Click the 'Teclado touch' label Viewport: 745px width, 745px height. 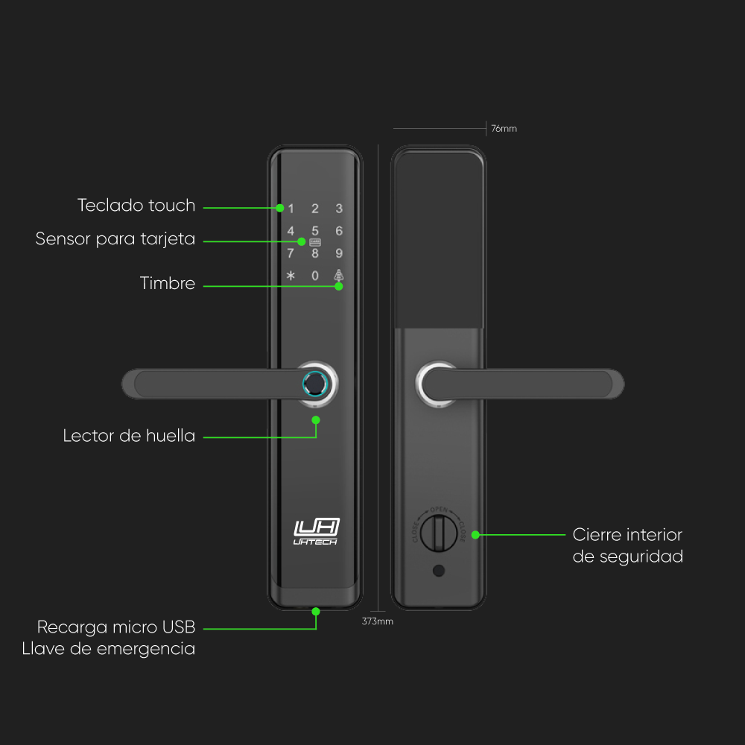click(136, 206)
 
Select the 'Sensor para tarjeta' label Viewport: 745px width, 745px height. click(115, 239)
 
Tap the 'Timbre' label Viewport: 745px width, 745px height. click(168, 284)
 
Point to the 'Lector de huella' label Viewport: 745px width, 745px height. click(129, 436)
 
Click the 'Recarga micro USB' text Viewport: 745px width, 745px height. click(116, 627)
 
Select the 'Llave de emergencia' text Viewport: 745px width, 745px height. click(109, 649)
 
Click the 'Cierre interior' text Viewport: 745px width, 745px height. click(627, 535)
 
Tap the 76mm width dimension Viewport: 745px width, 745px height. click(504, 129)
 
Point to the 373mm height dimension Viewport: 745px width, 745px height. click(377, 621)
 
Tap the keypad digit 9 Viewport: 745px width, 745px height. click(339, 253)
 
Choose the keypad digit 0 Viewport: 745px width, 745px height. click(315, 276)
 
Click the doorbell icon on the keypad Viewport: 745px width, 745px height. click(339, 275)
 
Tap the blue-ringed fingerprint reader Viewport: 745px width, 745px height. click(317, 384)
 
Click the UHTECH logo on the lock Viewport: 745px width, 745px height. click(316, 531)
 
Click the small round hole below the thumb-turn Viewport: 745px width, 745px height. click(439, 572)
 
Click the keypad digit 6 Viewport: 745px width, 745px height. click(339, 231)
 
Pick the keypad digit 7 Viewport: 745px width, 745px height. click(291, 253)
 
